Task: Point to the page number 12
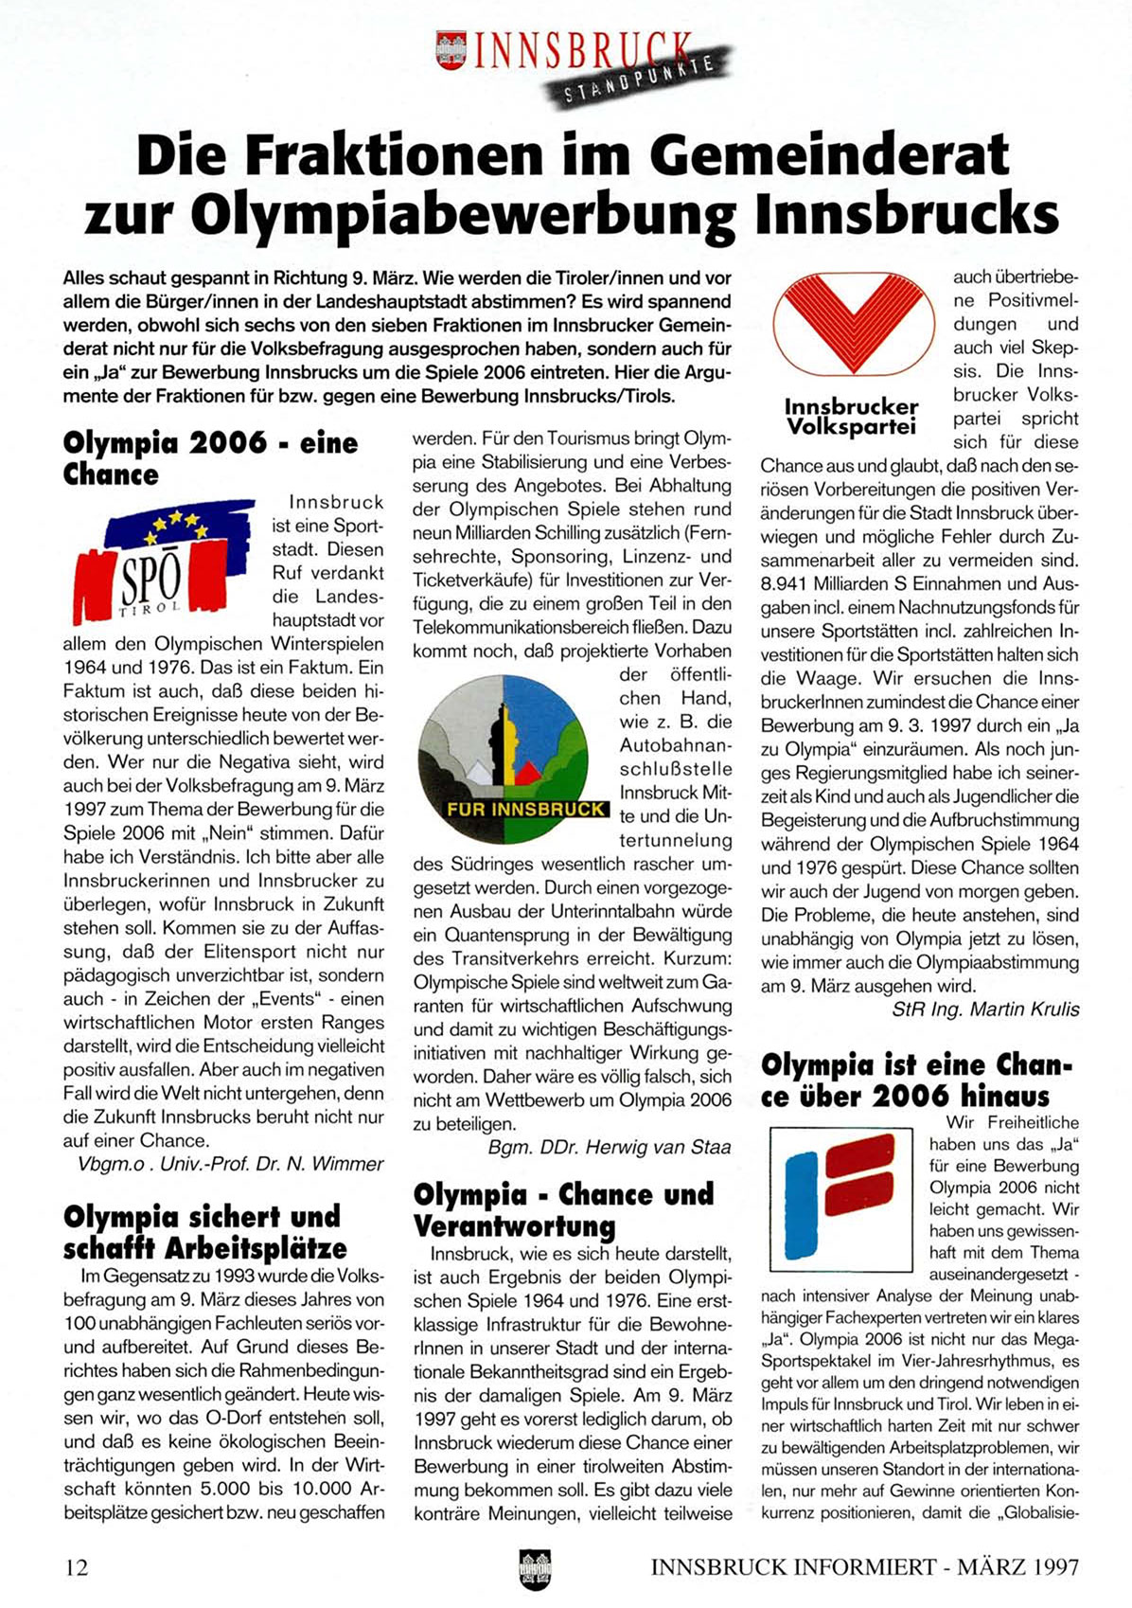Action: point(77,1567)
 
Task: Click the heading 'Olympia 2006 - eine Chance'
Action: point(210,458)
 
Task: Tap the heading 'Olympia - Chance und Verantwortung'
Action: point(563,1209)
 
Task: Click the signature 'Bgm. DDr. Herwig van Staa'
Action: point(610,1148)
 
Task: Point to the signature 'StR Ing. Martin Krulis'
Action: point(985,1009)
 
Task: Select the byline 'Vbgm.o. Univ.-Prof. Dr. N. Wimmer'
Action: point(230,1164)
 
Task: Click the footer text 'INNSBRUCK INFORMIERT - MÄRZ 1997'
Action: point(864,1567)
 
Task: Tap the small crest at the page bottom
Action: point(535,1568)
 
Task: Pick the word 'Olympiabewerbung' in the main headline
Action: point(463,215)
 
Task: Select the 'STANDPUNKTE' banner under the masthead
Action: point(639,80)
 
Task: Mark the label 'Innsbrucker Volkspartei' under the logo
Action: point(851,417)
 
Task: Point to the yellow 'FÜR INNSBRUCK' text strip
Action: point(526,810)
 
